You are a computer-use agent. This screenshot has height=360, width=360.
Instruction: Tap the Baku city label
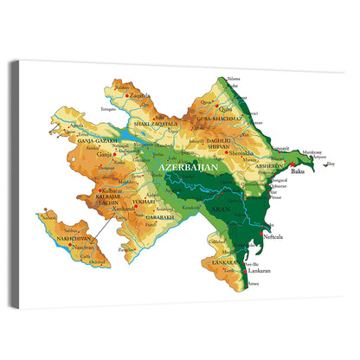pyautogui.click(x=299, y=171)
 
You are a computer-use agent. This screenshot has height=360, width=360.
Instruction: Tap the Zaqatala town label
pyautogui.click(x=140, y=96)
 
